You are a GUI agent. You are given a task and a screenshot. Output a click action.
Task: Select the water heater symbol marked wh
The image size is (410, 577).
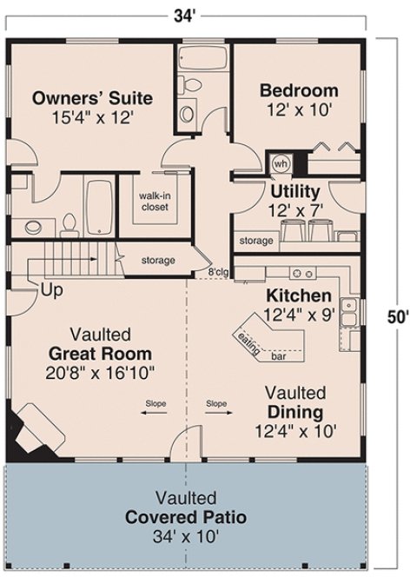(x=281, y=162)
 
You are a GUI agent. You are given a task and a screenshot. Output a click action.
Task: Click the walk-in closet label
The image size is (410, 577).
(x=154, y=201)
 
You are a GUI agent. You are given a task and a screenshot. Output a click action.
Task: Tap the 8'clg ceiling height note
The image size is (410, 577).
(x=217, y=273)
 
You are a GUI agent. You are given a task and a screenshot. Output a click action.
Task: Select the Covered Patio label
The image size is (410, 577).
(x=185, y=517)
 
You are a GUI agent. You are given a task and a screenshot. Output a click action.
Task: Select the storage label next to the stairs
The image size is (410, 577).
(x=158, y=260)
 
